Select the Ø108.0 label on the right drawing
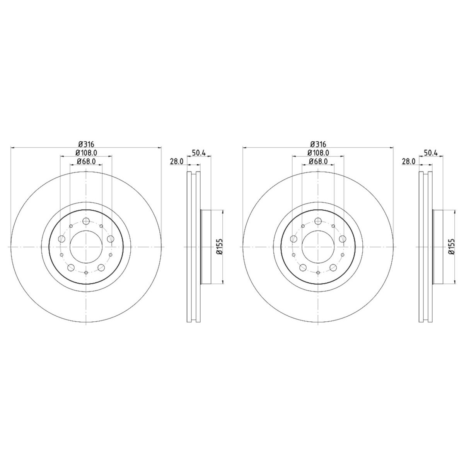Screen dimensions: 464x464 pyautogui.click(x=318, y=153)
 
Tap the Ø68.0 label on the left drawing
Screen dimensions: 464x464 pyautogui.click(x=86, y=161)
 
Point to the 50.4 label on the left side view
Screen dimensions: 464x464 pyautogui.click(x=199, y=152)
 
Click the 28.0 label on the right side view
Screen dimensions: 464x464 pyautogui.click(x=409, y=161)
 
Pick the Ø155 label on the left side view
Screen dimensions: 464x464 pyautogui.click(x=219, y=247)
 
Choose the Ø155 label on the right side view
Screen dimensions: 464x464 pyautogui.click(x=451, y=247)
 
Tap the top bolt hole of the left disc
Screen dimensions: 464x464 pyautogui.click(x=86, y=221)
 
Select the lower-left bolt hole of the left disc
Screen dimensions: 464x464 pyautogui.click(x=71, y=267)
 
